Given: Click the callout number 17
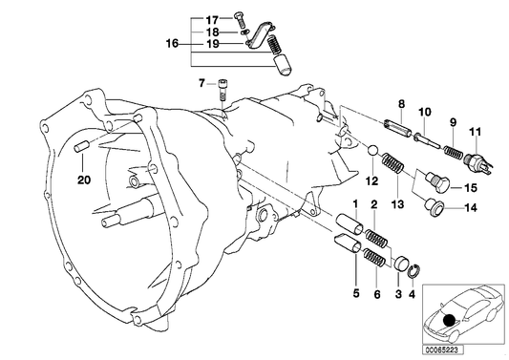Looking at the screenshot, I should pos(213,18).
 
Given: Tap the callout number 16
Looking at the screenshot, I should pos(172,43).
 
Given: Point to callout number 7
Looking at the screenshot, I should pos(202,84).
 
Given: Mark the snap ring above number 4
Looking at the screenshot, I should pos(412,270).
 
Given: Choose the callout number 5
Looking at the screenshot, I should pos(357,292).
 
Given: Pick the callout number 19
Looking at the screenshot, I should pos(213,44).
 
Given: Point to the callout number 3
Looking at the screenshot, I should pos(397,292).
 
